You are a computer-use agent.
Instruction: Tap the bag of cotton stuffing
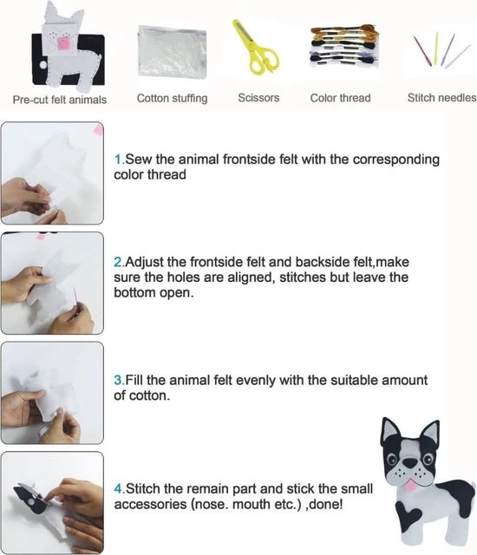click(x=173, y=52)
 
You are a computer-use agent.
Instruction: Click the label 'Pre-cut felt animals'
click(x=60, y=100)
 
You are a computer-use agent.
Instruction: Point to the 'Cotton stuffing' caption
click(x=172, y=98)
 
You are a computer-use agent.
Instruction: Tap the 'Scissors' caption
click(x=258, y=98)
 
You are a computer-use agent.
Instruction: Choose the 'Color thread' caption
click(x=341, y=98)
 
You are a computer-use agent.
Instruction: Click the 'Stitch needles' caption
click(x=441, y=98)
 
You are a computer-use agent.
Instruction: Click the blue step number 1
click(x=118, y=160)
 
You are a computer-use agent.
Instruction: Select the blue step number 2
click(x=118, y=262)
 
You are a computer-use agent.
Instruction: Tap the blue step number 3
click(x=118, y=380)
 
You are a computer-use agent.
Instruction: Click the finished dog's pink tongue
click(x=410, y=485)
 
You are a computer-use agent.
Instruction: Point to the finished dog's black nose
click(x=410, y=462)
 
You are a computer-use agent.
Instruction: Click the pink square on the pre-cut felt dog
click(x=64, y=44)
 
